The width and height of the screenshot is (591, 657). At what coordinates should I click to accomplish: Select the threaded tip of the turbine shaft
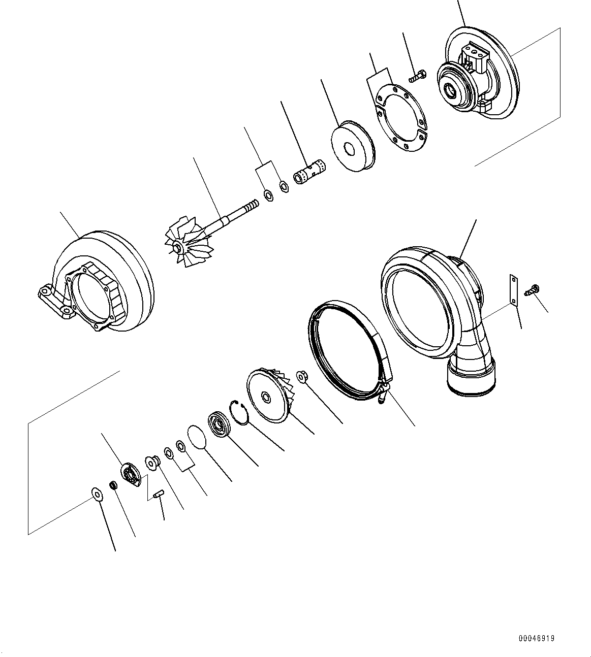(x=251, y=206)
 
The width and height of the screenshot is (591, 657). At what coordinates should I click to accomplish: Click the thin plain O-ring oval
(x=197, y=438)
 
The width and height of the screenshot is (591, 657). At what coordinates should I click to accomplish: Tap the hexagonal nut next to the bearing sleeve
(x=285, y=186)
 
